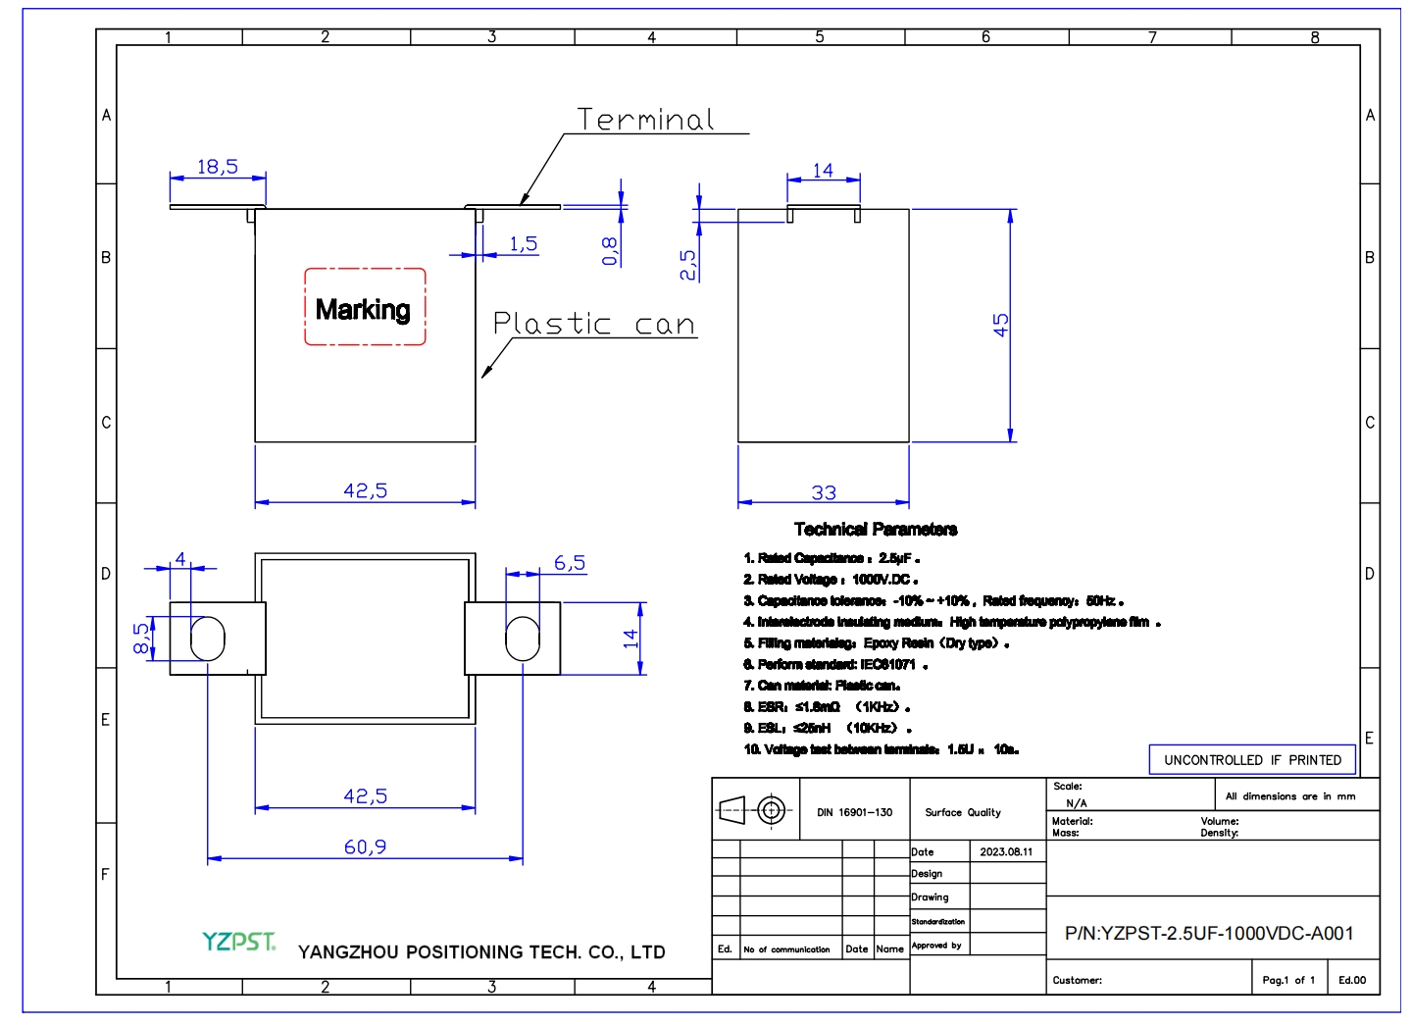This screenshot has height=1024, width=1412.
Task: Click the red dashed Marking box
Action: [365, 307]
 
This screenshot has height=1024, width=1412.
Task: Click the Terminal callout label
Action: [645, 120]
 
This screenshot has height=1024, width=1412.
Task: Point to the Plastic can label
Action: [593, 324]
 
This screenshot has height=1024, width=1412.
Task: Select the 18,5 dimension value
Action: [217, 167]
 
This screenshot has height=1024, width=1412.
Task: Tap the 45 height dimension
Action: [1001, 325]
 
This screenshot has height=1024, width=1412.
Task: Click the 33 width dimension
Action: [824, 492]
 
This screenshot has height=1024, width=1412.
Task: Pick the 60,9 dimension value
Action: [365, 846]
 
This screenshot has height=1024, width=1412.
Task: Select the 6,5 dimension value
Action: [570, 563]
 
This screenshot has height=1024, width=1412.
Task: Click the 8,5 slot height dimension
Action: [142, 638]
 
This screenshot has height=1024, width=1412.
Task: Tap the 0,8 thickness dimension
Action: [610, 251]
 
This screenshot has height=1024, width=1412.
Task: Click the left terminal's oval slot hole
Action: [208, 639]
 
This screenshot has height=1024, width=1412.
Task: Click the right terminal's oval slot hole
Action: [522, 639]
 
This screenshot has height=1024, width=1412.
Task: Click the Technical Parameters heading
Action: [876, 530]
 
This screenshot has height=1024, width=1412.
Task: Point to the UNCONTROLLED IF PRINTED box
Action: [1252, 760]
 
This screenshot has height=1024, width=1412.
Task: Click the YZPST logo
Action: [238, 943]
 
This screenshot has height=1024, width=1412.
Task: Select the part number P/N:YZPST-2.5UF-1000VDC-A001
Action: [1209, 934]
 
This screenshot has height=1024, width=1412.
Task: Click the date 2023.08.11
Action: [1006, 851]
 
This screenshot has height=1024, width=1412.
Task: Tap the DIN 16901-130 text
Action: [855, 812]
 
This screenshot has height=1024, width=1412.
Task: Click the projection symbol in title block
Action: [756, 810]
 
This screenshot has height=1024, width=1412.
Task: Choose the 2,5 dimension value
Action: [688, 264]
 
